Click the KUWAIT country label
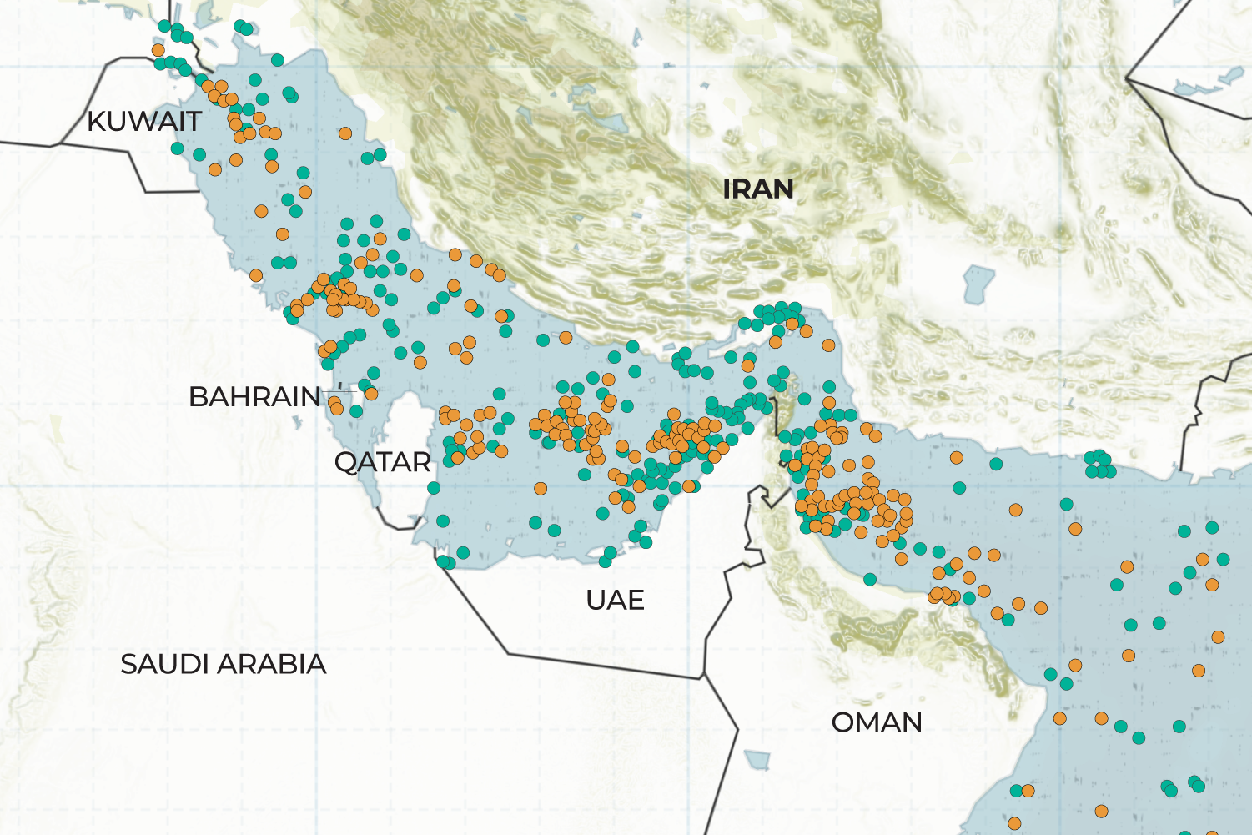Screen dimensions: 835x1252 point(143,122)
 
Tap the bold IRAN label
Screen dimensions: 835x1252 point(757,189)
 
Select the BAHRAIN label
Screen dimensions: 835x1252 point(254,397)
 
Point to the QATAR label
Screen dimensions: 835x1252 point(382,462)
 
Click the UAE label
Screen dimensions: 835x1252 point(615,601)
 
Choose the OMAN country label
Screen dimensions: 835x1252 point(877,722)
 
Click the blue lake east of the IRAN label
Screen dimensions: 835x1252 point(977,284)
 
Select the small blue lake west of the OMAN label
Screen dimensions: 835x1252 point(757,760)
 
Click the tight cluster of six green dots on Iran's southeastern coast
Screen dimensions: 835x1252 point(1099,465)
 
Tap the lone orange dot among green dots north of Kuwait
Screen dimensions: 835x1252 point(158,50)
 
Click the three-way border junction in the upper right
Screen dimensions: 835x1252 point(1127,79)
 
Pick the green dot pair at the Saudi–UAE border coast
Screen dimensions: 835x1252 point(446,562)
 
